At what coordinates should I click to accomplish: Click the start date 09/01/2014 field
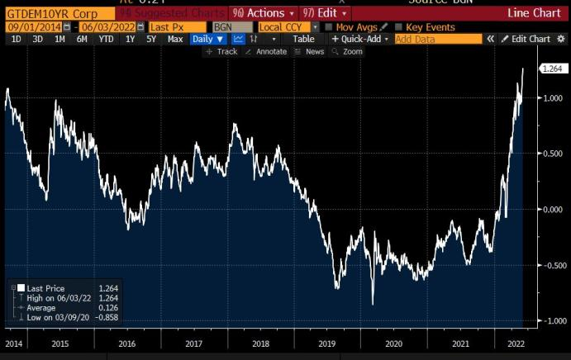(37, 27)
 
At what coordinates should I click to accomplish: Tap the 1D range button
(17, 39)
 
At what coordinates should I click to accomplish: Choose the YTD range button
(106, 39)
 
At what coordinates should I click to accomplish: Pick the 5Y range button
(151, 39)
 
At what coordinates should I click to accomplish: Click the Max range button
(175, 39)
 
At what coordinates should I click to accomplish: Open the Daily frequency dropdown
(207, 39)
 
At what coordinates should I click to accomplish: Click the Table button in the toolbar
(303, 39)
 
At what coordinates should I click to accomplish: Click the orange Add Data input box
(437, 39)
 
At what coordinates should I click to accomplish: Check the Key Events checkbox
(401, 27)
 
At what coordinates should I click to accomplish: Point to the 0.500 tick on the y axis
(550, 154)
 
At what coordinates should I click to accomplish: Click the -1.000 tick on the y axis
(549, 321)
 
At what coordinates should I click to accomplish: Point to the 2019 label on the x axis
(327, 343)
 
